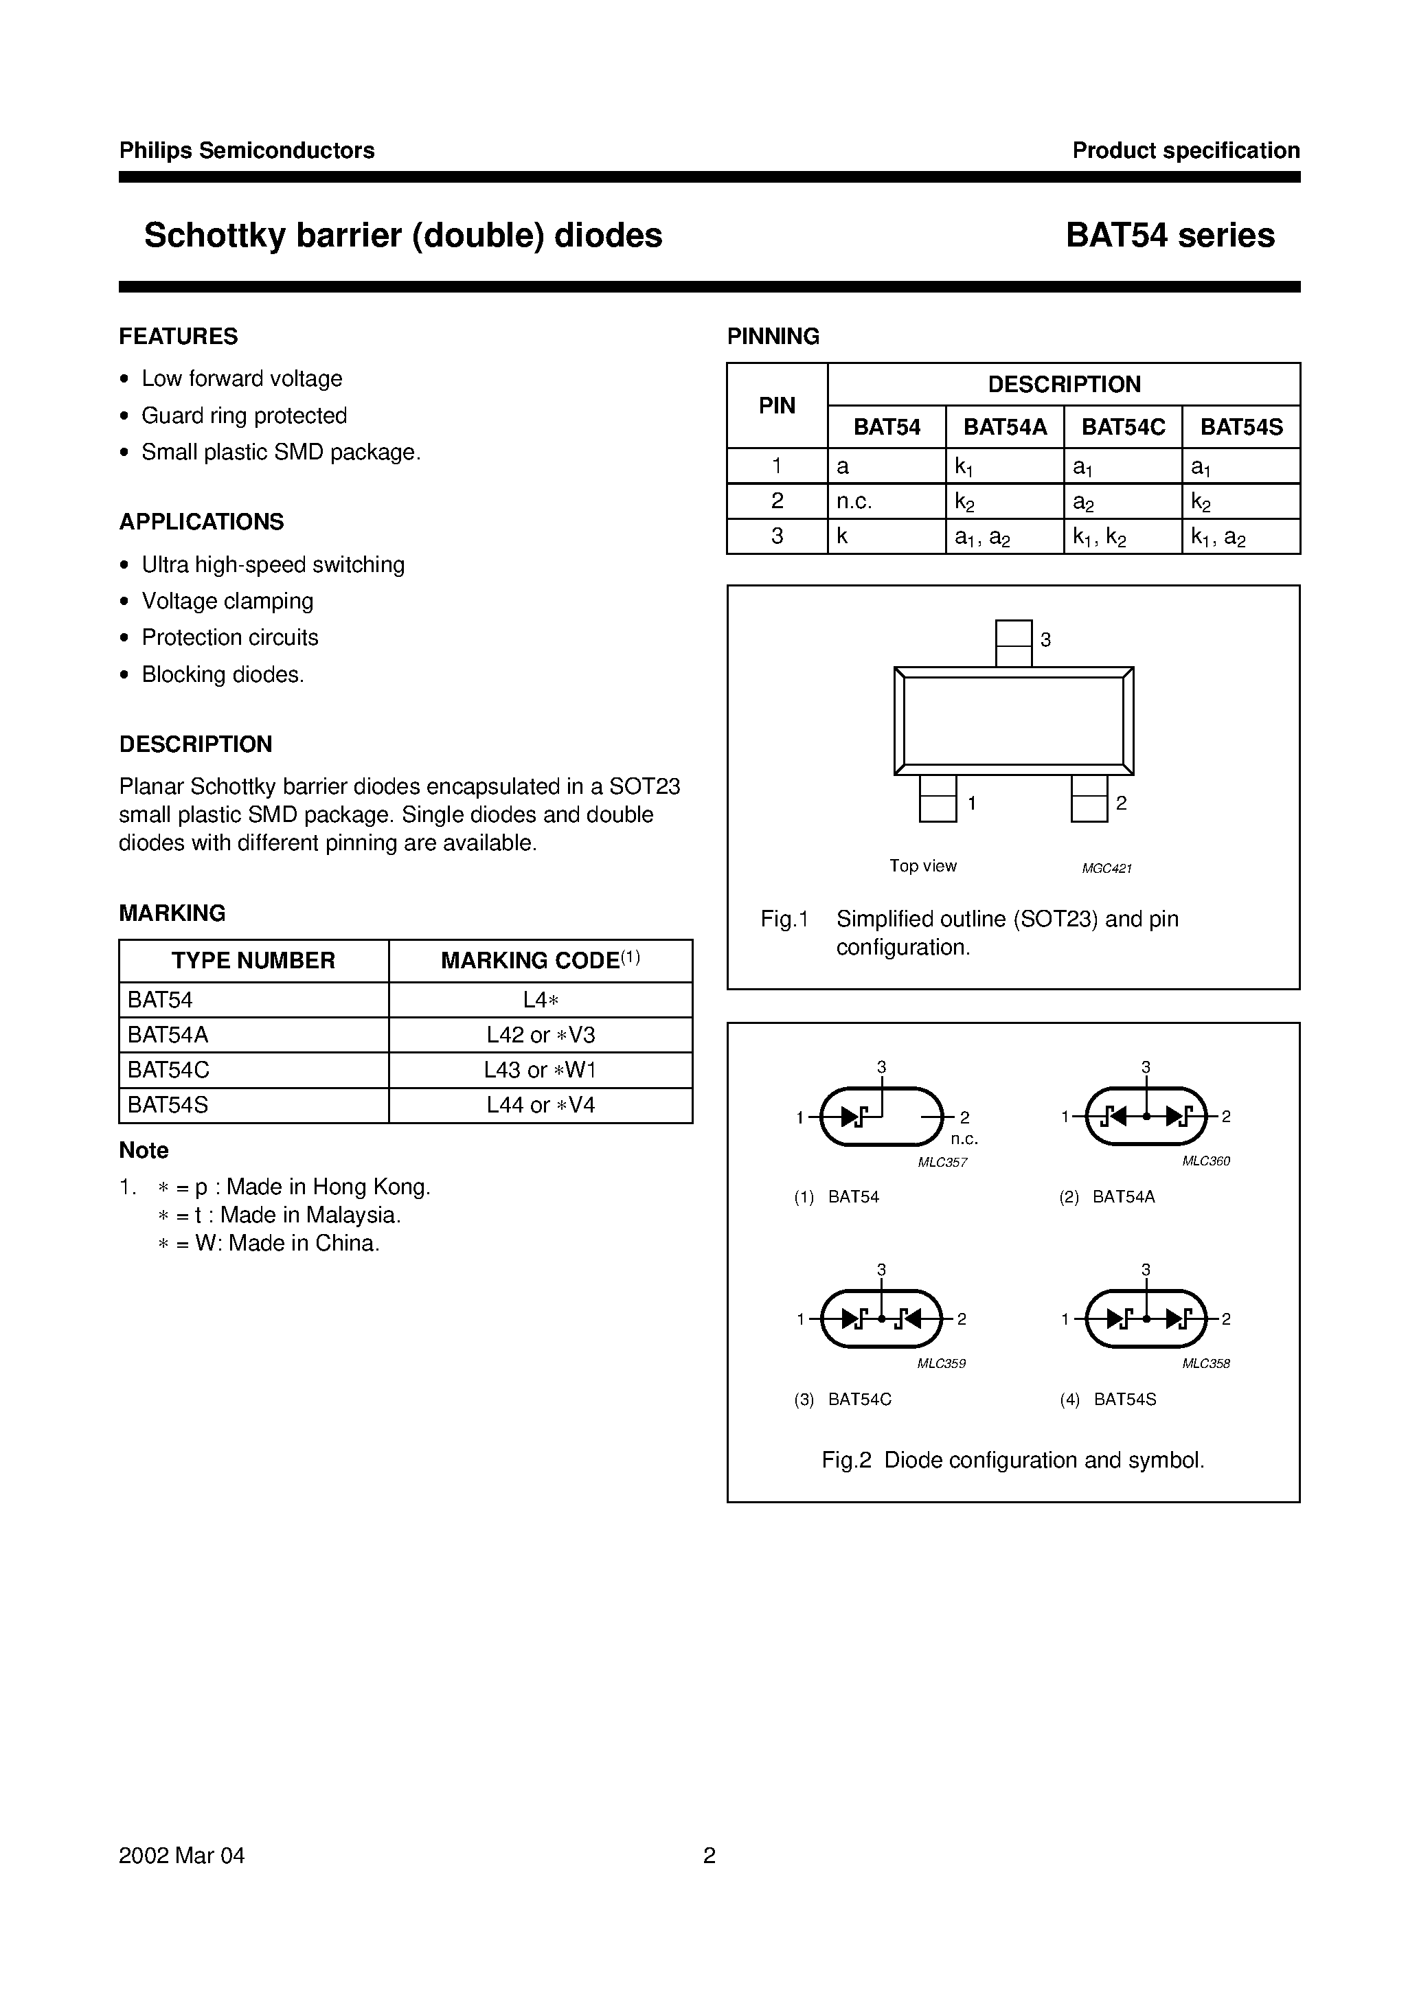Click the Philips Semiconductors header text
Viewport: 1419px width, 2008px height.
(247, 150)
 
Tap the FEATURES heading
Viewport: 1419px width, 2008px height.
(179, 336)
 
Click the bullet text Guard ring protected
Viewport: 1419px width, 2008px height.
(244, 415)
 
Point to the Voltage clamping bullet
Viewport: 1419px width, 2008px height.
(227, 601)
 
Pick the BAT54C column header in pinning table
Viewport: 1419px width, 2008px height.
(1122, 426)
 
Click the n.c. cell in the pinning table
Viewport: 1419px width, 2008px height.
(854, 501)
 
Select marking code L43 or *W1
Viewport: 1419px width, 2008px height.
(540, 1070)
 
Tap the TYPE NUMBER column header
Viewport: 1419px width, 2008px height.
(253, 960)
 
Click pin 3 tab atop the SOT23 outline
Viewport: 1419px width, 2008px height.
(1013, 643)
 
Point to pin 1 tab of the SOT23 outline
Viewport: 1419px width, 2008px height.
(937, 799)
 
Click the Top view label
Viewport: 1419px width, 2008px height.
(923, 866)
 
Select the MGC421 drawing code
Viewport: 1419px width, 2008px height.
(1106, 869)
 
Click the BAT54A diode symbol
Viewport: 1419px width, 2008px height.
(1145, 1116)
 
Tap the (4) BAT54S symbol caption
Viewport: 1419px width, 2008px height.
(1108, 1400)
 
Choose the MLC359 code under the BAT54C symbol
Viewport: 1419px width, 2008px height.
(942, 1363)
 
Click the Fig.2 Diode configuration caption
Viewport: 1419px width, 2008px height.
(1013, 1460)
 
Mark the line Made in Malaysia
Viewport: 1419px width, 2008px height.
(278, 1215)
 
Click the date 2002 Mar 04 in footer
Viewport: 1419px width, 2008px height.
(182, 1855)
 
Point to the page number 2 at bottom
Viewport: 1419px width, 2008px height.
(709, 1855)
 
